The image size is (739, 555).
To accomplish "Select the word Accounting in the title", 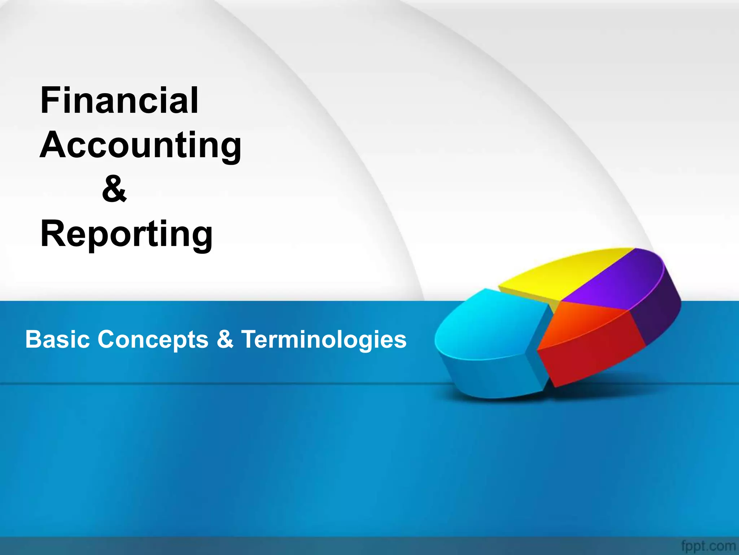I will tap(140, 145).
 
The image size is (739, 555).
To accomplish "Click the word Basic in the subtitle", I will tap(57, 340).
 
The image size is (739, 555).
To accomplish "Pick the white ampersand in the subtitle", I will tap(225, 340).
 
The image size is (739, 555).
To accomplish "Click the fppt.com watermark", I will tap(708, 546).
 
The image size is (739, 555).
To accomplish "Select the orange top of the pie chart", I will tap(581, 322).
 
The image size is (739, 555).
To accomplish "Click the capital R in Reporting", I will tap(53, 234).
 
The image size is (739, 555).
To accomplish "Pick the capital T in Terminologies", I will tap(251, 340).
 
